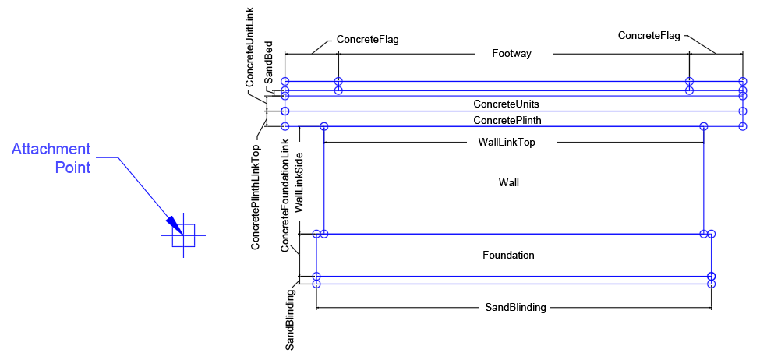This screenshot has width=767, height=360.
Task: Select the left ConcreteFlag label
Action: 368,39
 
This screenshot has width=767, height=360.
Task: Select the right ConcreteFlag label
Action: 649,35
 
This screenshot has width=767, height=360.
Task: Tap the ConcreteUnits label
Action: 506,104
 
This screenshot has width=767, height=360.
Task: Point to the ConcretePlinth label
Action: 507,120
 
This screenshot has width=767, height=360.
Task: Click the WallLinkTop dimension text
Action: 506,143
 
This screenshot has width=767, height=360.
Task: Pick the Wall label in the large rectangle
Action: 508,182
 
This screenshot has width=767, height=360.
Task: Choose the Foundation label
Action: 508,255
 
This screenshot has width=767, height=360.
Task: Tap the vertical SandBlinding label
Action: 290,319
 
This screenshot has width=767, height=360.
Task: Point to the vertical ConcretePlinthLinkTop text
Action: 256,197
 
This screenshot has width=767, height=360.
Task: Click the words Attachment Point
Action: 51,157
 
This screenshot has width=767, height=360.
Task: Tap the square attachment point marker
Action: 183,235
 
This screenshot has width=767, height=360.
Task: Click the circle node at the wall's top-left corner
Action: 324,126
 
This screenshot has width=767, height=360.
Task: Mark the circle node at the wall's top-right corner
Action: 704,126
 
